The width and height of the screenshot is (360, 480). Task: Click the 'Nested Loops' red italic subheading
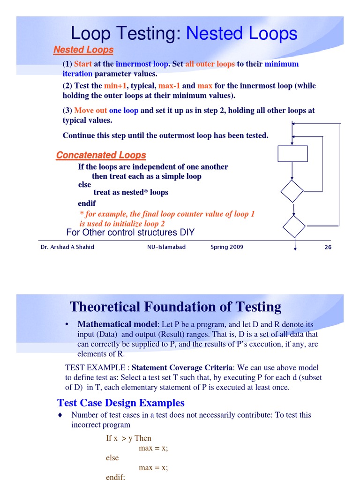pos(83,50)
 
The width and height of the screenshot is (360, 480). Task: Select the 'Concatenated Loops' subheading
pos(101,155)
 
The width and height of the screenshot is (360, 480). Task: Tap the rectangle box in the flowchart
pos(292,154)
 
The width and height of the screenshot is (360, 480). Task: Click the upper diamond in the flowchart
pos(292,191)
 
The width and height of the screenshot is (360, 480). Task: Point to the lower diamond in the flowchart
pos(294,226)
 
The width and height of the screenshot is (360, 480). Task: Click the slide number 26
pos(328,247)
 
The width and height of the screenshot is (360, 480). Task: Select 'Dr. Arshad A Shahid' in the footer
pos(67,247)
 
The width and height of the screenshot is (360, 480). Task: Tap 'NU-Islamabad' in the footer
pos(163,247)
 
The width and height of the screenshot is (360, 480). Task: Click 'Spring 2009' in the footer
pos(227,247)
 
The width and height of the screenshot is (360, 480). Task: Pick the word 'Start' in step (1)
pos(83,64)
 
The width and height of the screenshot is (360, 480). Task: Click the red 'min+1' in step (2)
pos(115,86)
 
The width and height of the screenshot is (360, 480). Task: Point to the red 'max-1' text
pos(169,86)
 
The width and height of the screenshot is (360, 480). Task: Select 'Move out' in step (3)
pos(90,111)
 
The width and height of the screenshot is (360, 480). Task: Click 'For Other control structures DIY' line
pos(130,233)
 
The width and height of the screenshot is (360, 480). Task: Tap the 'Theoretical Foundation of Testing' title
pos(175,307)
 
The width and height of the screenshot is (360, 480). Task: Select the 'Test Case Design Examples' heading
pos(120,403)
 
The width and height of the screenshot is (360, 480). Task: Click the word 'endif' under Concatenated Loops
pos(87,203)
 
